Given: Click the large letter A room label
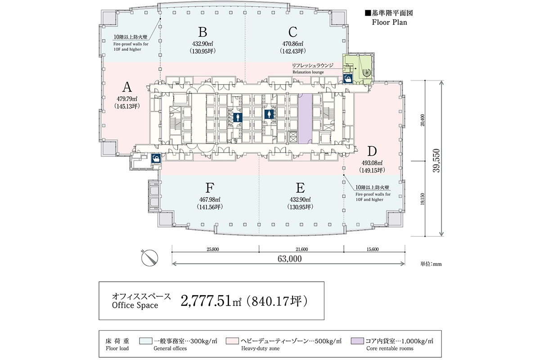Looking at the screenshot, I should click(126, 87).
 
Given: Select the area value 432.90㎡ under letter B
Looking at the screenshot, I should click(202, 44).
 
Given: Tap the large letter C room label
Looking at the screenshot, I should click(293, 32).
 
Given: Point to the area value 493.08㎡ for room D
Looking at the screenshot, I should click(371, 163).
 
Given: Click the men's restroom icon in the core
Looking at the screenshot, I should click(238, 118).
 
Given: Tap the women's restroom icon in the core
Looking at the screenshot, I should click(270, 114).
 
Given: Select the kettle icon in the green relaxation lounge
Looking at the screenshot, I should click(347, 79).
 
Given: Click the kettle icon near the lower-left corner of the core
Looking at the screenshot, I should click(156, 159).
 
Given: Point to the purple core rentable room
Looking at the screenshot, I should click(305, 118).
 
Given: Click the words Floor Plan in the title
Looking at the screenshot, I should click(389, 22).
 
